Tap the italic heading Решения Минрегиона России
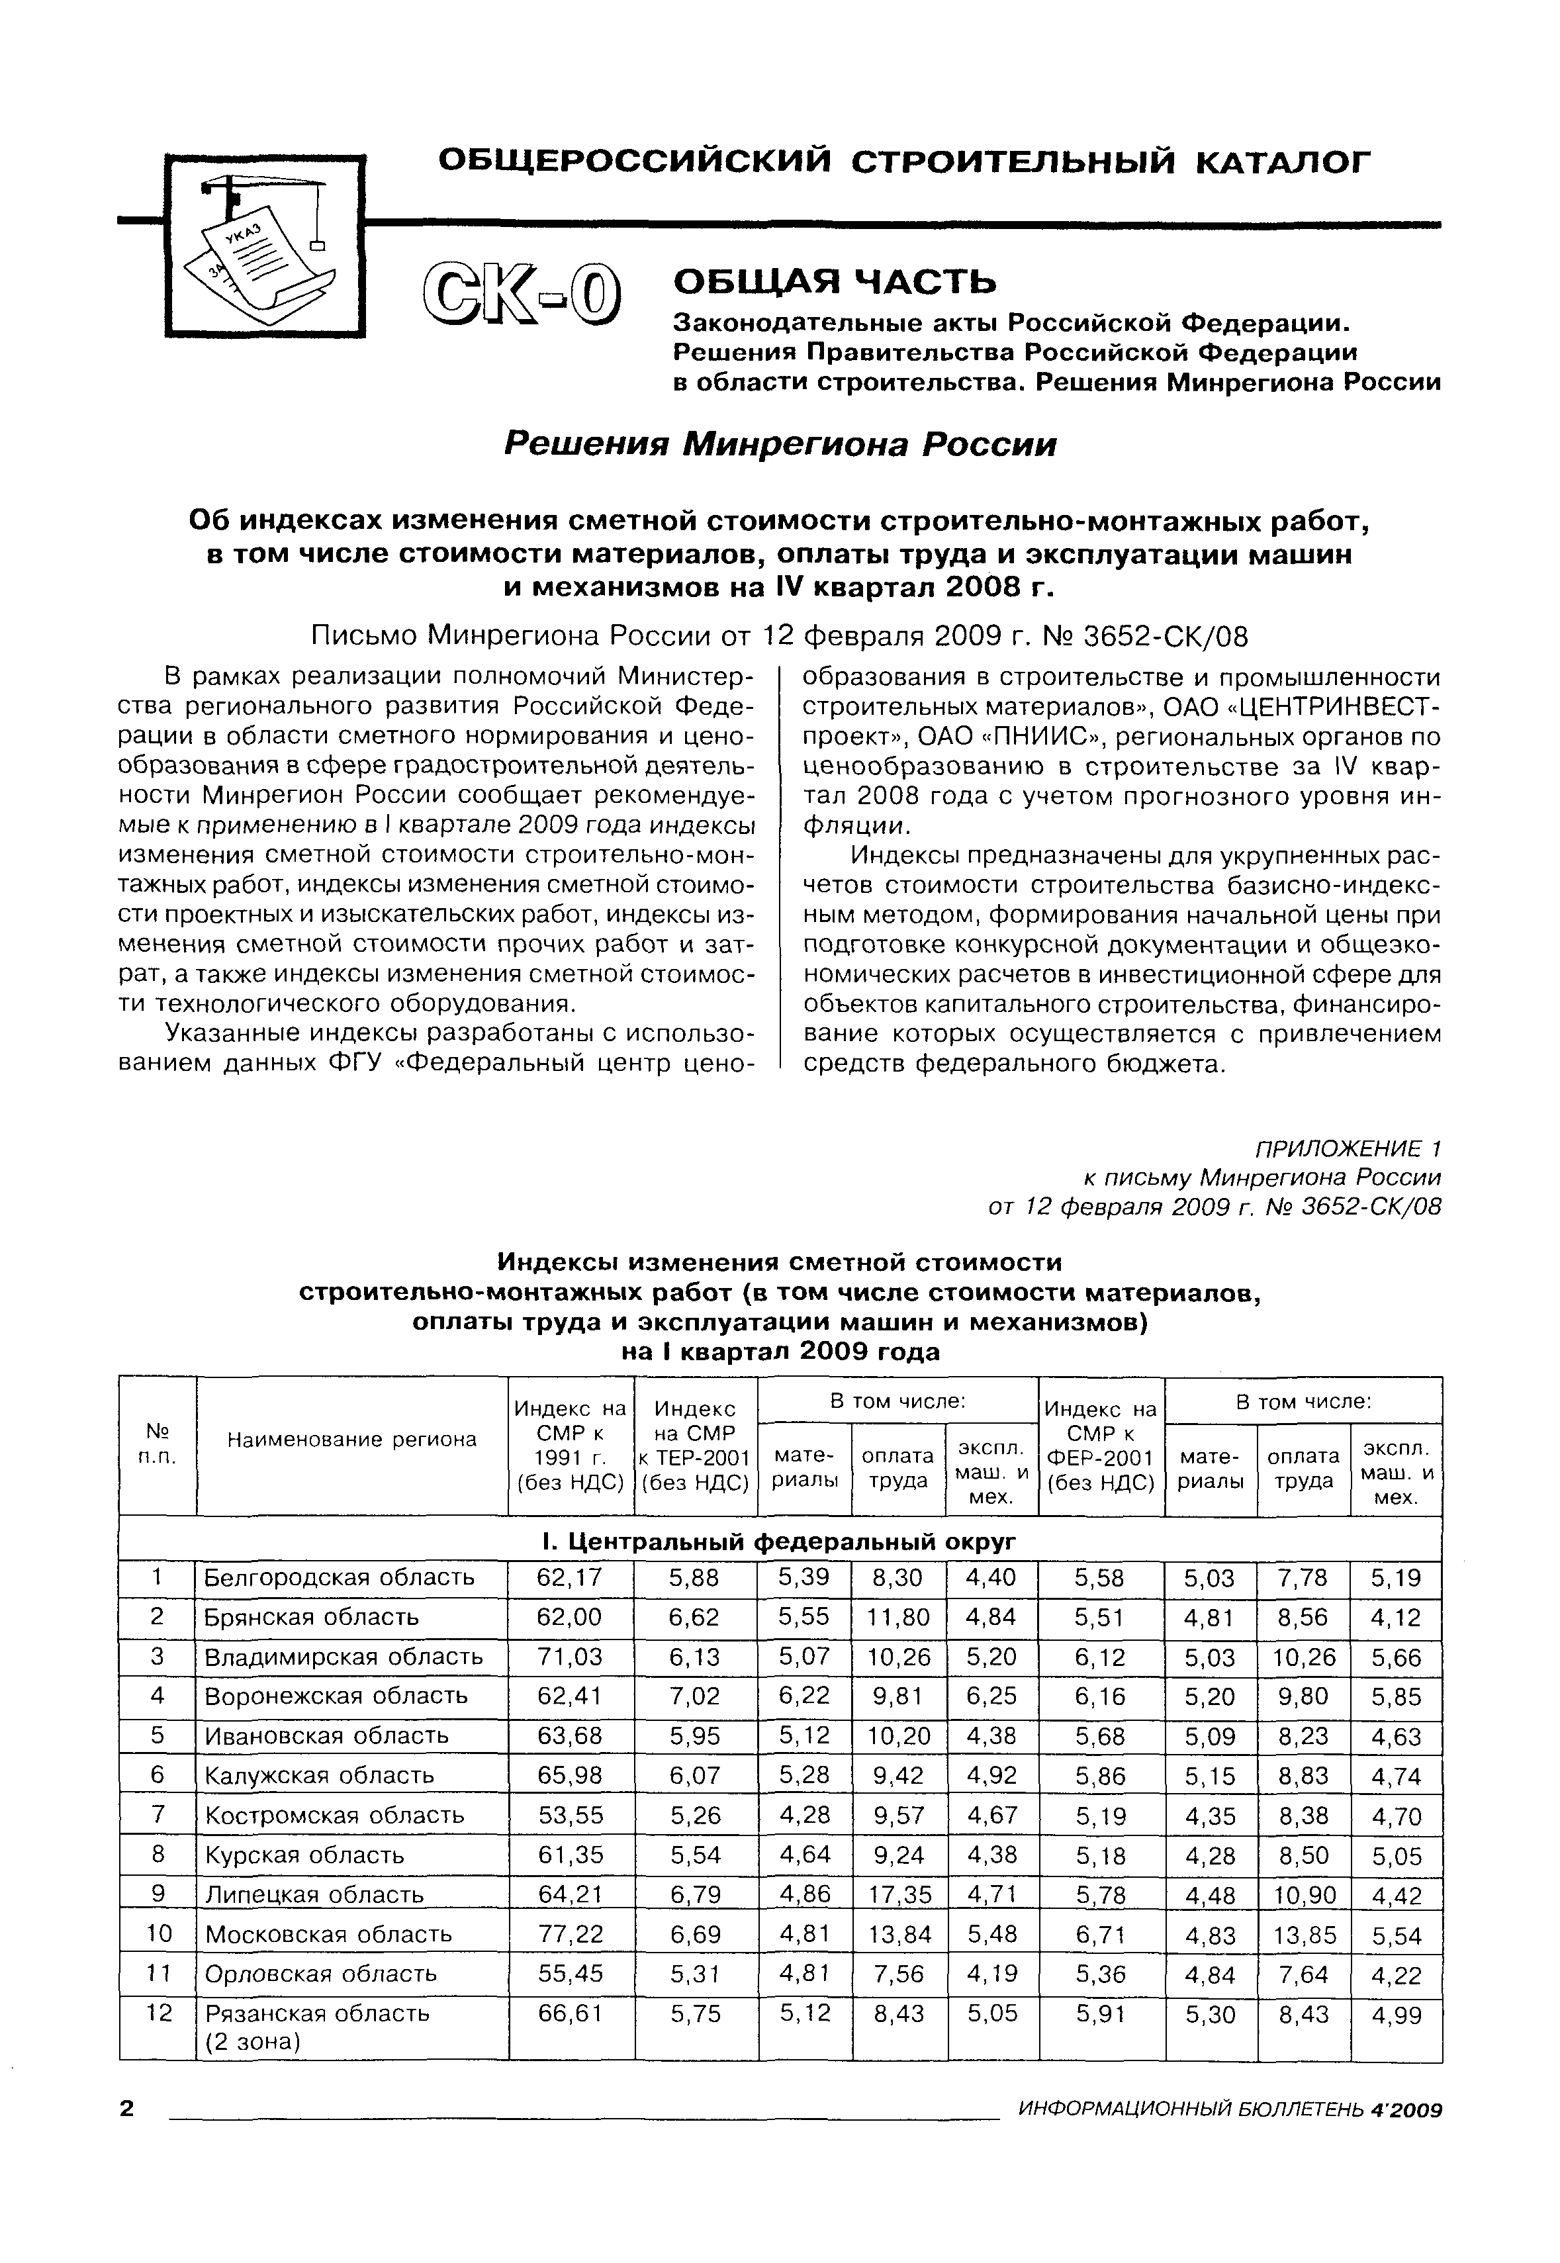point(779,445)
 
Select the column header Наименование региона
point(352,1439)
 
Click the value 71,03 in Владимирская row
point(570,1656)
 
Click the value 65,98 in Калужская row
point(570,1775)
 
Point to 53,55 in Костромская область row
point(570,1816)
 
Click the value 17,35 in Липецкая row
point(899,1894)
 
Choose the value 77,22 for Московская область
point(570,1933)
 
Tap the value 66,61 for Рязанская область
point(570,2013)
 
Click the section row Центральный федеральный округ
point(779,1541)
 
